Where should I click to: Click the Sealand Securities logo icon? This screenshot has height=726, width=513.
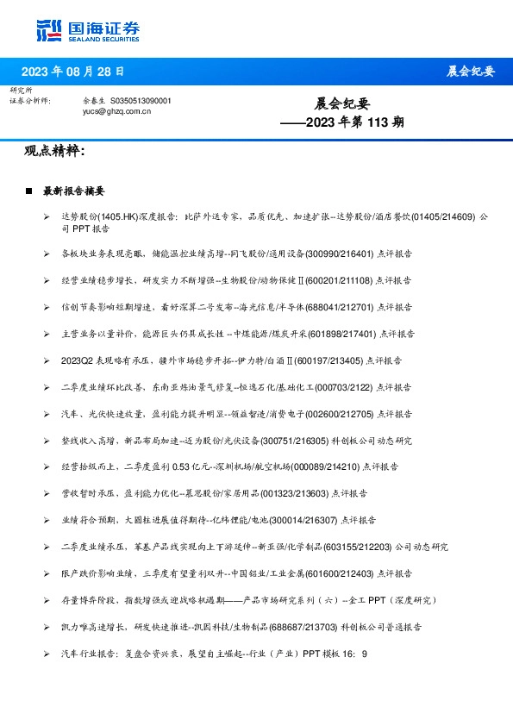click(48, 29)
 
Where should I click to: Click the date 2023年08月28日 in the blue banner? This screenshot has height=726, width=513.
click(72, 71)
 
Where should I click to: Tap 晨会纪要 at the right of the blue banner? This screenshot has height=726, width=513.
click(471, 71)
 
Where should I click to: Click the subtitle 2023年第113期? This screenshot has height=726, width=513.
click(342, 122)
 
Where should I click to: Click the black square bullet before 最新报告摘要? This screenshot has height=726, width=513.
click(29, 190)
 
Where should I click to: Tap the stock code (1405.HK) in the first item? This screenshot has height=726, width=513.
click(116, 217)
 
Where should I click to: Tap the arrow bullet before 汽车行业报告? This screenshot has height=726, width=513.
click(47, 654)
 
